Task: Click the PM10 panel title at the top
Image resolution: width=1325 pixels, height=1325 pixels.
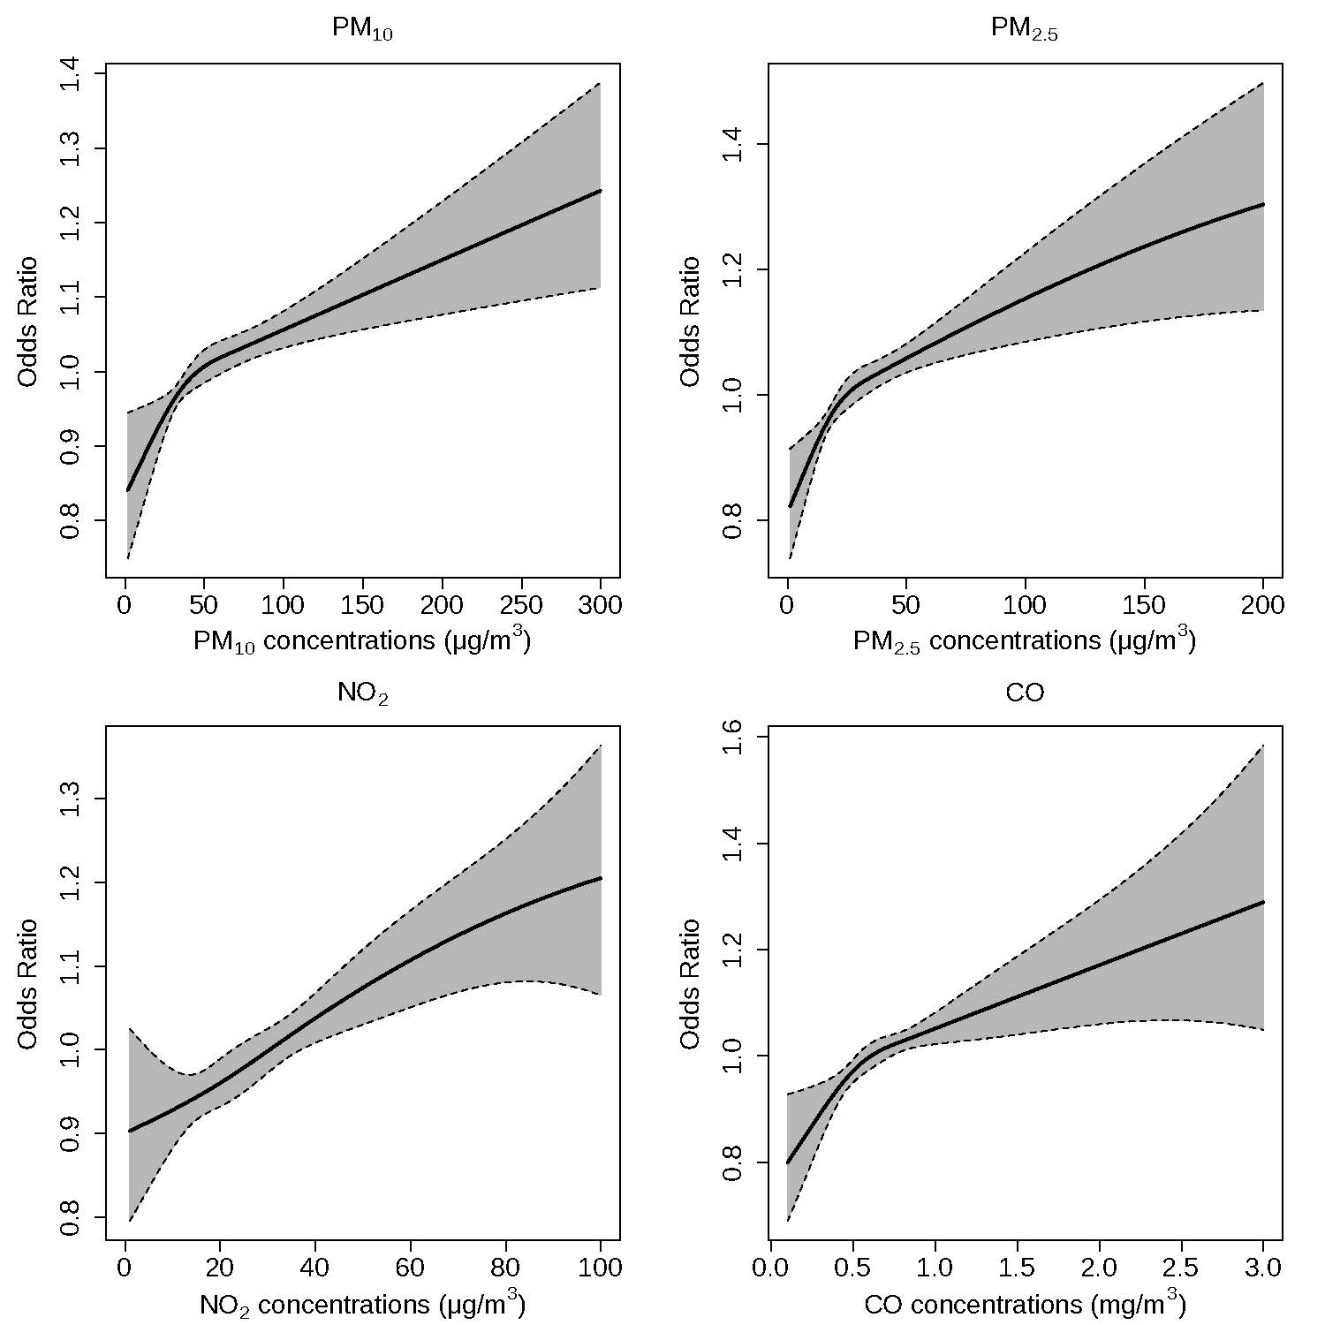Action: coord(362,29)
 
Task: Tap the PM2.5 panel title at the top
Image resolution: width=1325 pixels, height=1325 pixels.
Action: coord(1024,29)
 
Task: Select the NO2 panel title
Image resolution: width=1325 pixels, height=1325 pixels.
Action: coord(362,693)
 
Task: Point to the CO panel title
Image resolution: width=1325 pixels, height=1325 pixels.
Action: coord(1025,693)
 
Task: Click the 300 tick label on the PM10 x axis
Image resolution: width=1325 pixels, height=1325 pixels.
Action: coord(600,605)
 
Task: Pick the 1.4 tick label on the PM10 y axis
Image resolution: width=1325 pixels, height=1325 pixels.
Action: coord(72,75)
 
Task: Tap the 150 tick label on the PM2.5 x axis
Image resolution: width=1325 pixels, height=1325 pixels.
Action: coord(1144,605)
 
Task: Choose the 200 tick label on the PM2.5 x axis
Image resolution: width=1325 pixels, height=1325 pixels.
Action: coord(1262,605)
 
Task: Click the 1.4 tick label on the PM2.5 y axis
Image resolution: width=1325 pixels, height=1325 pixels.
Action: coord(735,144)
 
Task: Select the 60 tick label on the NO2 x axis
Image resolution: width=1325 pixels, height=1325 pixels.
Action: coord(410,1268)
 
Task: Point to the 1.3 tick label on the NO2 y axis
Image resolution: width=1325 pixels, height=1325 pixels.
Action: coord(72,799)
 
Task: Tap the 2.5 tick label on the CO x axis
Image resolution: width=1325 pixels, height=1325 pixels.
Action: coord(1181,1268)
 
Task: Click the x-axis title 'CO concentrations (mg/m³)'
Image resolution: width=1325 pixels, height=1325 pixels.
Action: coord(1025,1303)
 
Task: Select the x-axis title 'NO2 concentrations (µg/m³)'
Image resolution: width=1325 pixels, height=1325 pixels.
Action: coord(362,1303)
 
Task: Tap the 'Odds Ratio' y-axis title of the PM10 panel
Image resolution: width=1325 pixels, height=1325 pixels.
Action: coord(28,322)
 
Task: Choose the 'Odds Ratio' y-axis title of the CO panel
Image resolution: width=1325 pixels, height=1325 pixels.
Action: coord(691,984)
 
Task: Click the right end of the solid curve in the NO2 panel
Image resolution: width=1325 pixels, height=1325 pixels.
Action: coord(601,878)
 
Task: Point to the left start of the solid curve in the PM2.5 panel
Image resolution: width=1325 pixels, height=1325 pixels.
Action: coord(791,506)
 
